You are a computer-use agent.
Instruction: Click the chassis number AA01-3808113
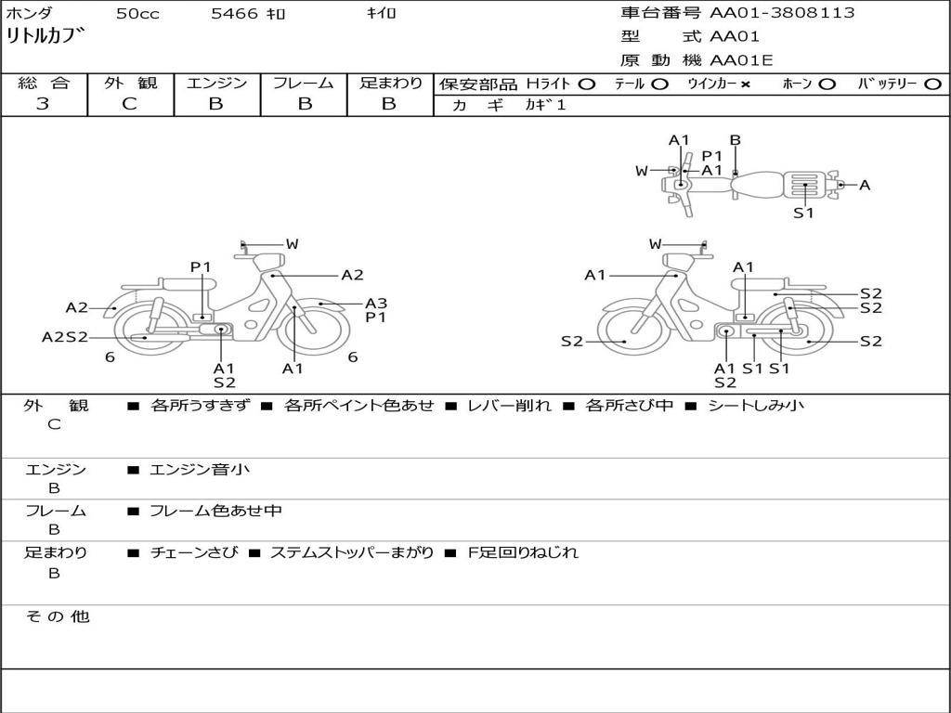click(782, 13)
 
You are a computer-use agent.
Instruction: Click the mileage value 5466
click(234, 13)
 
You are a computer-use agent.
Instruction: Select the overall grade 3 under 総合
click(43, 104)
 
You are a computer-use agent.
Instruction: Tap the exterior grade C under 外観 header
click(130, 104)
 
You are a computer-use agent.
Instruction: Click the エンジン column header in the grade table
click(217, 83)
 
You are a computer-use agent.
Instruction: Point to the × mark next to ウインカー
click(745, 84)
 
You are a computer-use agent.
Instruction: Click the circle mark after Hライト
click(587, 84)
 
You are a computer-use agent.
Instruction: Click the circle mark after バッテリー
click(932, 84)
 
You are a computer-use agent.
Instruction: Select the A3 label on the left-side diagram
click(376, 304)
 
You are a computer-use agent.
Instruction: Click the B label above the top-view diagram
click(736, 140)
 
